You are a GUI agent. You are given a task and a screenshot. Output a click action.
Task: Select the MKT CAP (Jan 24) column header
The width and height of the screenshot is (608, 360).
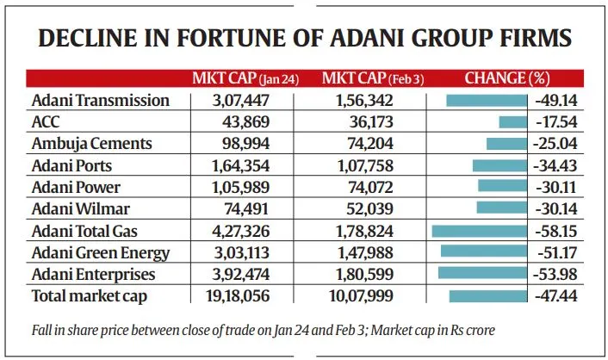pyautogui.click(x=245, y=78)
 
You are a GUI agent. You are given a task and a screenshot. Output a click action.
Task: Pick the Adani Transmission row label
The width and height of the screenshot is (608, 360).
pyautogui.click(x=100, y=100)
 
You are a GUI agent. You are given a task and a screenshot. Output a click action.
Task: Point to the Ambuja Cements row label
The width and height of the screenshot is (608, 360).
pyautogui.click(x=91, y=143)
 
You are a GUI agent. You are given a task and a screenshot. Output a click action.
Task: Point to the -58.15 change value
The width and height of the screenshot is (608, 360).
pyautogui.click(x=555, y=230)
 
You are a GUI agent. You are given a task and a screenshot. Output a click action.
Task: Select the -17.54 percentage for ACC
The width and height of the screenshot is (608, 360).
pyautogui.click(x=555, y=121)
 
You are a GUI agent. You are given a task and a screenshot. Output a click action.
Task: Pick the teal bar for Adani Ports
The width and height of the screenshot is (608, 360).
pyautogui.click(x=499, y=165)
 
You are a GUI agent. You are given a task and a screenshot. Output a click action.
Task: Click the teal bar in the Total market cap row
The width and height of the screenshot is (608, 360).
pyautogui.click(x=487, y=295)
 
